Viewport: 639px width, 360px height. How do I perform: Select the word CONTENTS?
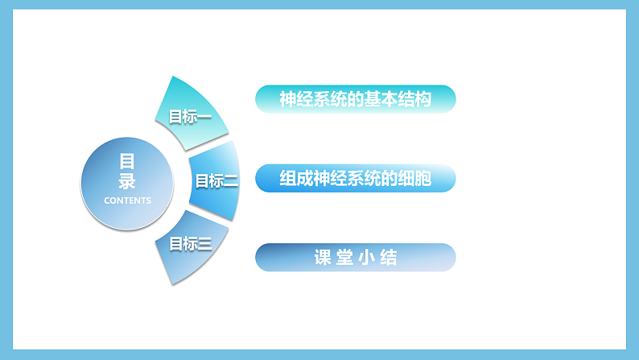tap(127, 201)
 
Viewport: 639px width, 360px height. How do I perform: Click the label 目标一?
tap(190, 117)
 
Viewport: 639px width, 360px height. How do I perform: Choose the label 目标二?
tap(216, 180)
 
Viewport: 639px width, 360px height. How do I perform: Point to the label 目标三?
tap(190, 243)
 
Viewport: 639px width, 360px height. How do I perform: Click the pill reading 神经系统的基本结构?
tap(355, 99)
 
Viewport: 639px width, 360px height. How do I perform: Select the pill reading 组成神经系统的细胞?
tap(355, 179)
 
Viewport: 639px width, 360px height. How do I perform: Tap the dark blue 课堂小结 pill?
tap(355, 258)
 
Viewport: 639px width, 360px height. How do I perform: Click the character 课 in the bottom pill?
tap(323, 258)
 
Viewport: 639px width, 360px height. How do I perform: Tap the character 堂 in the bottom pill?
tap(344, 258)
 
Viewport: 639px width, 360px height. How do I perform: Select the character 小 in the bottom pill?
tap(366, 258)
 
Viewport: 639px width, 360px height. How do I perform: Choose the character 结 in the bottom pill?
tap(389, 258)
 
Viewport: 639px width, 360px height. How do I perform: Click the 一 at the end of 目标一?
tap(204, 117)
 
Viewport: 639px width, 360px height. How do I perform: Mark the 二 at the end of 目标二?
tap(230, 180)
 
